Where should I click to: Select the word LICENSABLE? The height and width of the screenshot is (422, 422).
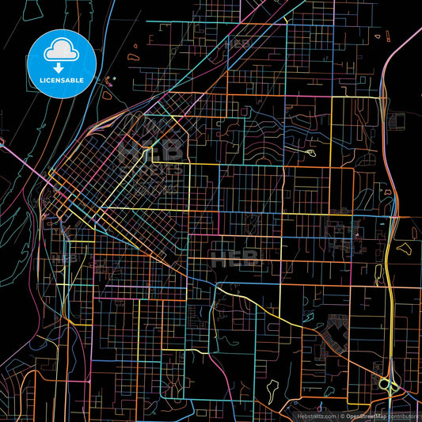pos(61,80)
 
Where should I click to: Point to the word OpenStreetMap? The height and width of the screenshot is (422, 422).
pos(366,415)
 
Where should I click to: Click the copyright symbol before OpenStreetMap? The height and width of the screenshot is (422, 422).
pos(342,415)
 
